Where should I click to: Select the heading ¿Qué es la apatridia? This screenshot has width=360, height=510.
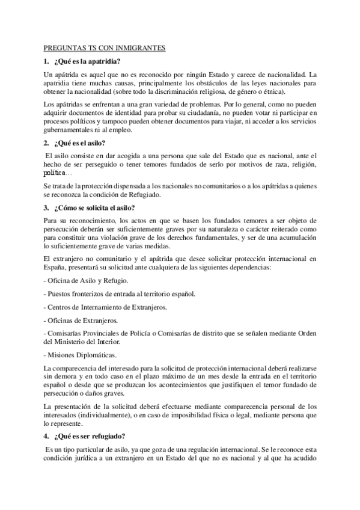tap(87, 61)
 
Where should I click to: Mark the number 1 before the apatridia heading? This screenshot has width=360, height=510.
tap(46, 61)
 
